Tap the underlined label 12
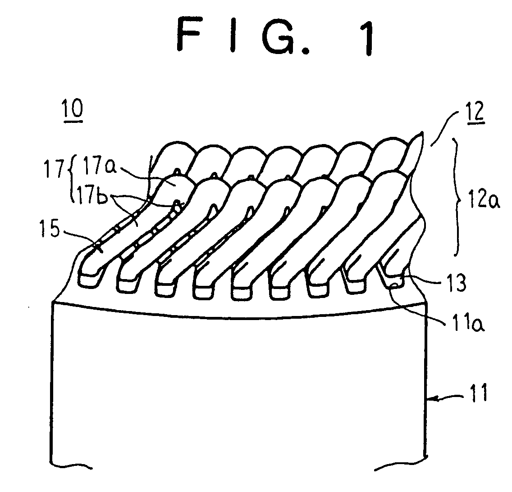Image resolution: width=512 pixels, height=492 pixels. tap(476, 112)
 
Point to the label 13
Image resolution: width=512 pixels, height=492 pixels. tap(457, 282)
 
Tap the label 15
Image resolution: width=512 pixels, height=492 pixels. tap(50, 228)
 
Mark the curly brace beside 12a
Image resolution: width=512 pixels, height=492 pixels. tap(456, 197)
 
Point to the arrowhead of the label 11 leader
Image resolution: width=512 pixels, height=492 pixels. tap(432, 397)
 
